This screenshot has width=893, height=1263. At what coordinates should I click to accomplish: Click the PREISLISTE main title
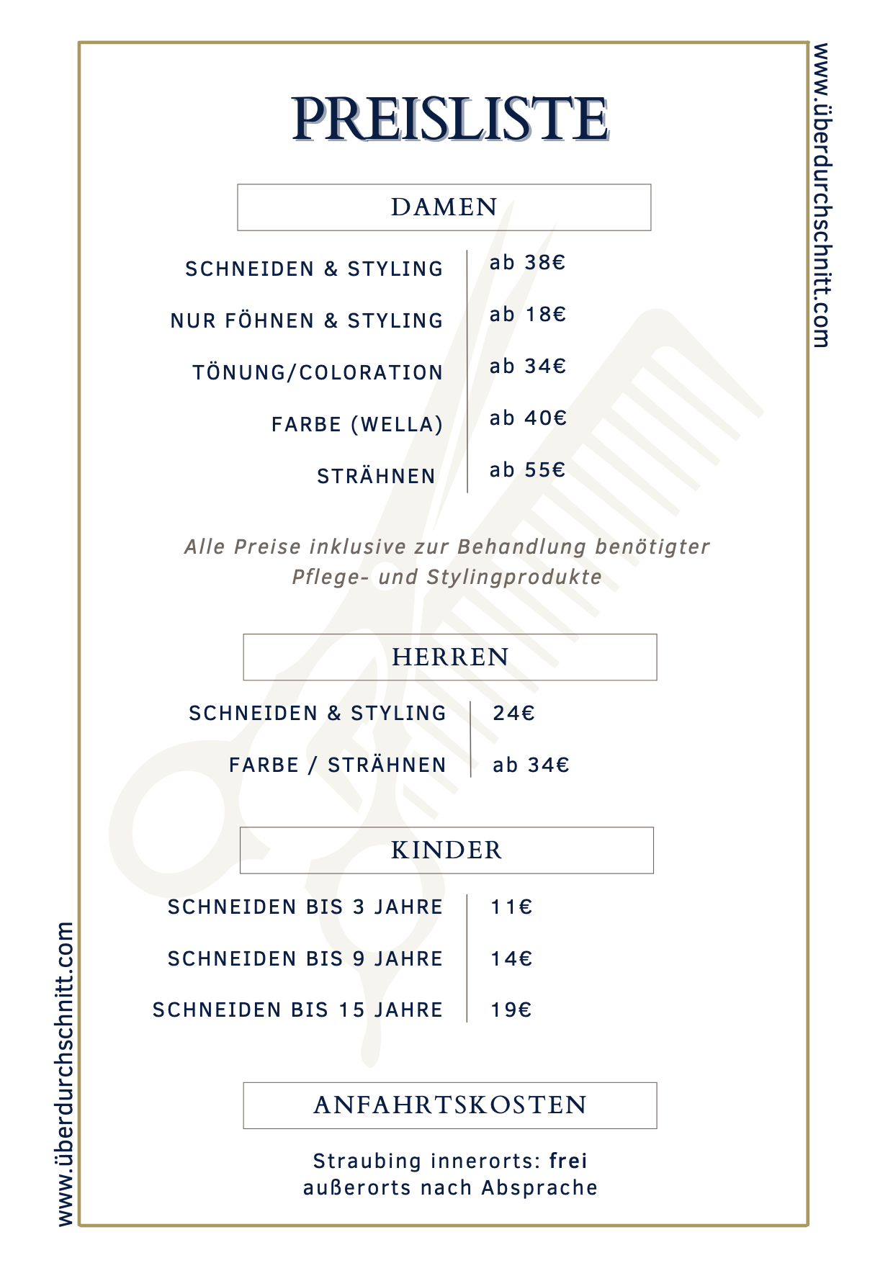tap(450, 120)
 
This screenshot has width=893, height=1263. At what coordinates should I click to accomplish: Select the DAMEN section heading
tap(444, 207)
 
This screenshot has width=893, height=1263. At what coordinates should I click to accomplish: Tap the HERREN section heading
tap(450, 657)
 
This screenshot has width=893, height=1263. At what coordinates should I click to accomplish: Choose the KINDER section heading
tap(447, 850)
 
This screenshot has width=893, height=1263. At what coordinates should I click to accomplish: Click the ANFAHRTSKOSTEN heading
tap(450, 1105)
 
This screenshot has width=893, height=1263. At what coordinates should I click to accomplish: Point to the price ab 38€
tap(527, 263)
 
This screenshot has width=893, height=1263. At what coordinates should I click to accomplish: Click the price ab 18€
tap(527, 315)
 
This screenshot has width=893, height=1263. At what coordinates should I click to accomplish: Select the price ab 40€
tap(528, 418)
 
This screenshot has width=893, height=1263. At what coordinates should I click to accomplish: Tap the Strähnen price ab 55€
tap(527, 470)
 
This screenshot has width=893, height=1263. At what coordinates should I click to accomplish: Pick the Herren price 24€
tap(513, 714)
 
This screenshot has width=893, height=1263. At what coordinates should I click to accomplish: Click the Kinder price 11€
tap(511, 907)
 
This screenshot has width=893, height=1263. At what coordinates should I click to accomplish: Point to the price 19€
tap(511, 1010)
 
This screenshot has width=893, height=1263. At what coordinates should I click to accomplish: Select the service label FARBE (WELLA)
tap(357, 425)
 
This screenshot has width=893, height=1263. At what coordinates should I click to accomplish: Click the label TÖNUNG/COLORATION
tap(318, 373)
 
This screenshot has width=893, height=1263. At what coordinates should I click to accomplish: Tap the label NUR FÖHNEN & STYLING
tap(307, 321)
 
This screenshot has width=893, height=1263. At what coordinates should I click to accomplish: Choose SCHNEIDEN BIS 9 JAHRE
tap(305, 959)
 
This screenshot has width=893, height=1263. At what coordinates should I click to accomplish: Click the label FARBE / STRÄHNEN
tap(338, 765)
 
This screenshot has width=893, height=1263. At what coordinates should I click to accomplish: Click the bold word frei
tap(568, 1161)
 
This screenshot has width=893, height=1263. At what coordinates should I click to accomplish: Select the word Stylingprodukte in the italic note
tap(514, 577)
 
